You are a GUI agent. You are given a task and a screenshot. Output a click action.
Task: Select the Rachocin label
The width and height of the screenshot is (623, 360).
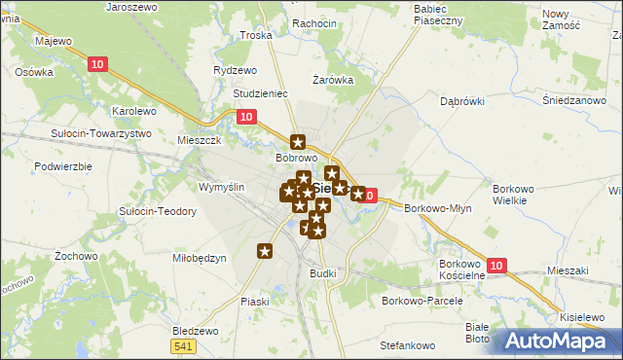click(x=286, y=23)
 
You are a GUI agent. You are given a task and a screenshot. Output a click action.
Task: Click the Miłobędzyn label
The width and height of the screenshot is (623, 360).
click(x=199, y=258)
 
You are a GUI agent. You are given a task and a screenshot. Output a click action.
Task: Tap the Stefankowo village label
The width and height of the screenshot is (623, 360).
click(x=406, y=345)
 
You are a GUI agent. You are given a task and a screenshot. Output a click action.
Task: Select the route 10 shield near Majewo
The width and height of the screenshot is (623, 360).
click(x=95, y=64)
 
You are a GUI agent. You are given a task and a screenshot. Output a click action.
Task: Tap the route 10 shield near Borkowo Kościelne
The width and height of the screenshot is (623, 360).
click(x=496, y=266)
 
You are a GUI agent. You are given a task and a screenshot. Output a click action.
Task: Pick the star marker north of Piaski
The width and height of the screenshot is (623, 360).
click(x=265, y=252)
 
